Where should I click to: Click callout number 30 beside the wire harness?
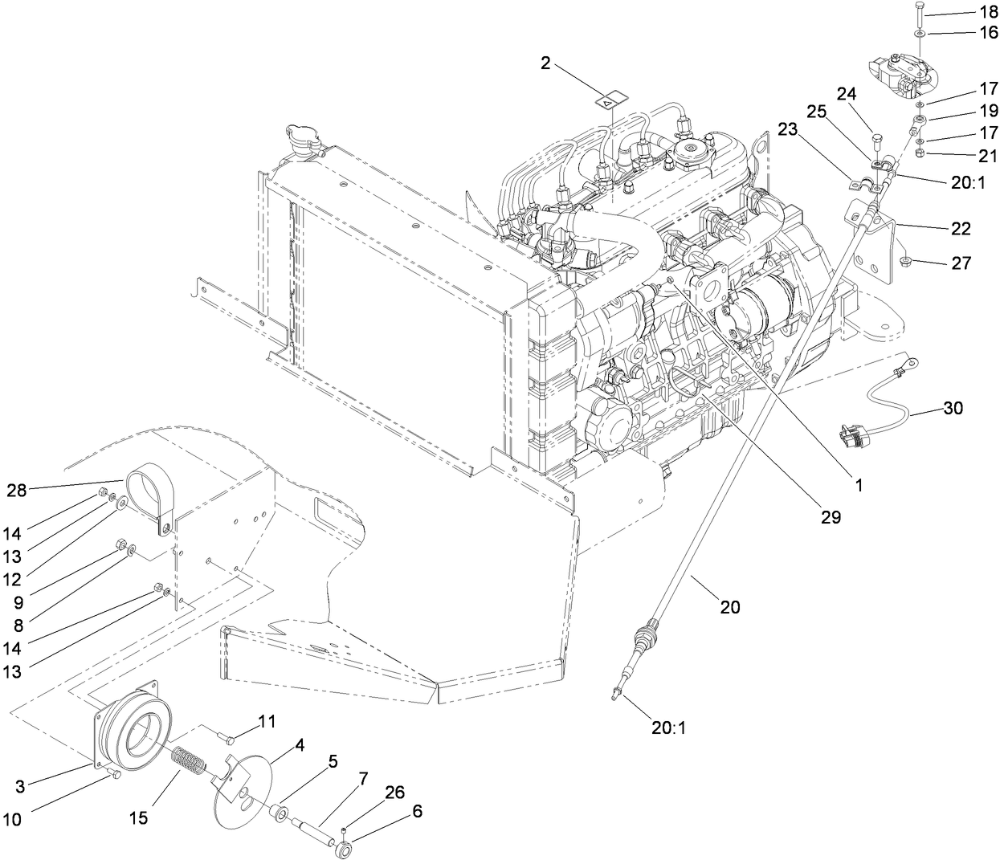953,408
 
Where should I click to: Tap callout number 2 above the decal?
545,63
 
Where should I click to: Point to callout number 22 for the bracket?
961,229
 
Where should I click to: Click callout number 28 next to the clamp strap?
17,489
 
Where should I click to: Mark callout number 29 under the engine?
831,518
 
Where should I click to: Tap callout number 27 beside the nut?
961,263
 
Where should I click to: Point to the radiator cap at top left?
301,143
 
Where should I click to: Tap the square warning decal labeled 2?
610,101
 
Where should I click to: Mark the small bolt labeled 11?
227,736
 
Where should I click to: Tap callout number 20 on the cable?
729,608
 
